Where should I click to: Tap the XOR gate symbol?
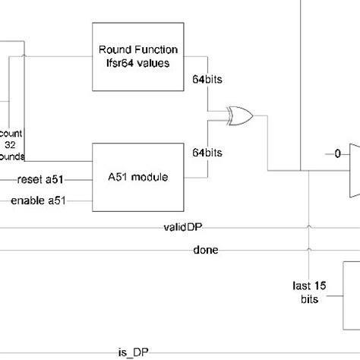pyautogui.click(x=240, y=115)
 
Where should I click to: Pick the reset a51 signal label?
pyautogui.click(x=44, y=180)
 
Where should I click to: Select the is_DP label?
pyautogui.click(x=129, y=352)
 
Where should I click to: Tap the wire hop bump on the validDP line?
pyautogui.click(x=308, y=227)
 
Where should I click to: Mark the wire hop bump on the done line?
pyautogui.click(x=308, y=250)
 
